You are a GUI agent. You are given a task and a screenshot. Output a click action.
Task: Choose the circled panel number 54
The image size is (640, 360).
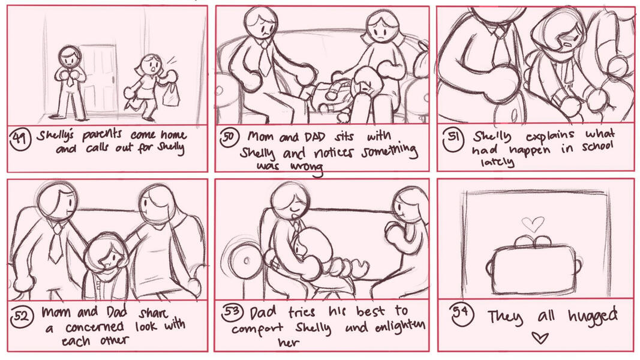click(x=461, y=313)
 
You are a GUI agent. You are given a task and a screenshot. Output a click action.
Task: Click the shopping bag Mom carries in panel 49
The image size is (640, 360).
click(x=170, y=94)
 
